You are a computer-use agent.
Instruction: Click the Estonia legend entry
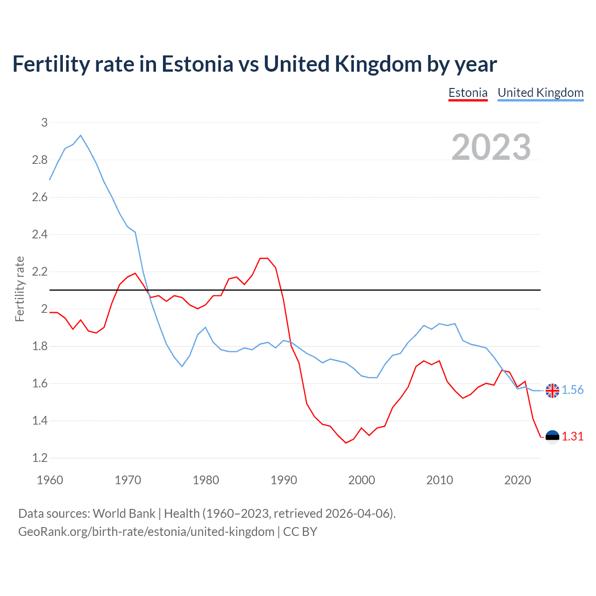point(467,93)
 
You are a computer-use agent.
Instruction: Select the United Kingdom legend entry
point(540,93)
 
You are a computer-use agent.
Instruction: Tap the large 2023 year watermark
point(491,147)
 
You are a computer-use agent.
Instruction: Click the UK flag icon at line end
point(552,391)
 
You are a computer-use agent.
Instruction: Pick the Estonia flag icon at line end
point(552,437)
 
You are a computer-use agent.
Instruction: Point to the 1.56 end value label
point(572,390)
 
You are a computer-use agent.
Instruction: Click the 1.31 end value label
point(572,436)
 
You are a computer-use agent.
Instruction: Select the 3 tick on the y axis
point(45,122)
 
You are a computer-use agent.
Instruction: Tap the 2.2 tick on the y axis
point(40,271)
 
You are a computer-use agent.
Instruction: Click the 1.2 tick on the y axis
point(40,458)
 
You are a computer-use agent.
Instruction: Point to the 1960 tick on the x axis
point(50,480)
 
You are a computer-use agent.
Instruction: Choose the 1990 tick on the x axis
point(284,480)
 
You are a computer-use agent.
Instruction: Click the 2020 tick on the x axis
point(517,480)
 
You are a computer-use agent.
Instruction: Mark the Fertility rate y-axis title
point(20,289)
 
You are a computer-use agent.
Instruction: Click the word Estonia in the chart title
point(197,64)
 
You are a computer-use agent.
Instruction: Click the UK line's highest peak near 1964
point(81,135)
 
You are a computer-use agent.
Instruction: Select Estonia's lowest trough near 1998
point(345,443)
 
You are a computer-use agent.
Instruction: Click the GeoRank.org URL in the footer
point(146,532)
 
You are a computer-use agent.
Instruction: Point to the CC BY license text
point(300,532)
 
